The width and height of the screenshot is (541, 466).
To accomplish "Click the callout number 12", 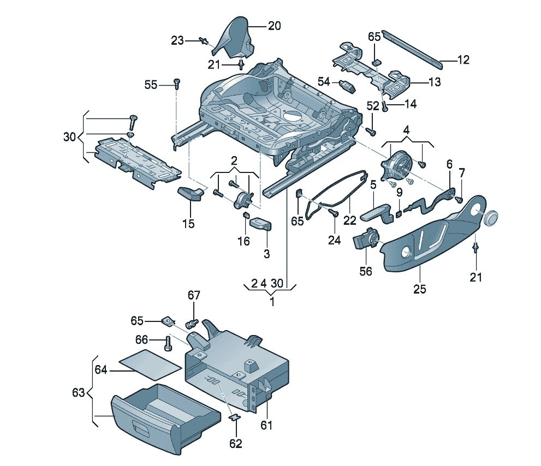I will [x=462, y=61].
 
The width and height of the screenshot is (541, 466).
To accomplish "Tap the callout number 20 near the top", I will [x=274, y=26].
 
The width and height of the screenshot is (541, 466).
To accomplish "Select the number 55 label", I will [x=151, y=85].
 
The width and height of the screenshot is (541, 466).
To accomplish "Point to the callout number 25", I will [x=419, y=289].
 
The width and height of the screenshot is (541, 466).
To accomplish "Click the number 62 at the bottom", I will [x=235, y=444].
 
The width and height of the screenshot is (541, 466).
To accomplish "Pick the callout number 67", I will [x=194, y=295].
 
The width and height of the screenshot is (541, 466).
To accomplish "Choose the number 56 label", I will [x=365, y=271].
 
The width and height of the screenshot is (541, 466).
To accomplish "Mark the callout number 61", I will [x=266, y=425].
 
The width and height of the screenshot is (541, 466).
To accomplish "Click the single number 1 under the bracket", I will [x=272, y=301].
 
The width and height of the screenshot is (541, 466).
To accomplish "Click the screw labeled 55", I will [x=176, y=83].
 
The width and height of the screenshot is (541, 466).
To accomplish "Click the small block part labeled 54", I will [x=347, y=85].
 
